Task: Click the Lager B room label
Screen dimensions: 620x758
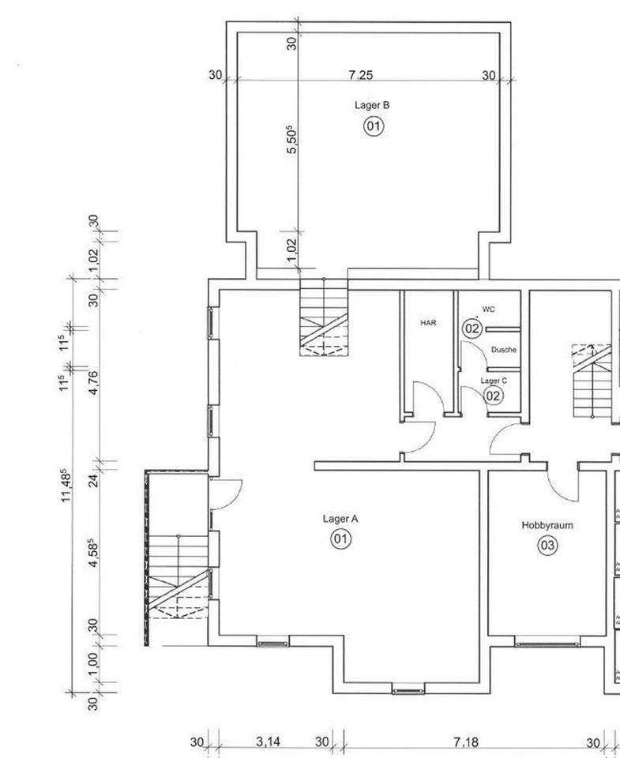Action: pyautogui.click(x=372, y=105)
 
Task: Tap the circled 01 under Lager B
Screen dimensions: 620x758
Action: pyautogui.click(x=374, y=126)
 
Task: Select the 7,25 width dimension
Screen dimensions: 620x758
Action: pyautogui.click(x=361, y=75)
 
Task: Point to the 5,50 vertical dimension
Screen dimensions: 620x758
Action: pyautogui.click(x=291, y=140)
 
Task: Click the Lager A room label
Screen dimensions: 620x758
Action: pyautogui.click(x=340, y=520)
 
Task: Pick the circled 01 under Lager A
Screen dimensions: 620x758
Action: pyautogui.click(x=341, y=538)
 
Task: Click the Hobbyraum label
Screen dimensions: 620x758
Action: pyautogui.click(x=547, y=526)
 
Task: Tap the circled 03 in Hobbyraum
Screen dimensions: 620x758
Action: pyautogui.click(x=547, y=546)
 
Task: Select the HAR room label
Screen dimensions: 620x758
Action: pyautogui.click(x=428, y=322)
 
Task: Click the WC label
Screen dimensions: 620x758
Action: pyautogui.click(x=488, y=310)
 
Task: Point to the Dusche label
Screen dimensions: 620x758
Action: pyautogui.click(x=504, y=350)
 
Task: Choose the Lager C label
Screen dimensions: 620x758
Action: pyautogui.click(x=494, y=381)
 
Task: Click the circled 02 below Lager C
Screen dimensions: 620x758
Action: pyautogui.click(x=494, y=396)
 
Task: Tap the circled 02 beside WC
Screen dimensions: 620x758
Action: pyautogui.click(x=472, y=328)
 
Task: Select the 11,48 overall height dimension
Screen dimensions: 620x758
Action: pyautogui.click(x=66, y=485)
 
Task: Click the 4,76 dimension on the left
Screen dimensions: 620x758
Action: pyautogui.click(x=94, y=382)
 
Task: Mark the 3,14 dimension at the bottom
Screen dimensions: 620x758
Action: pyautogui.click(x=268, y=741)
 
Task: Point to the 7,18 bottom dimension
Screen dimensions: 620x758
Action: pyautogui.click(x=466, y=741)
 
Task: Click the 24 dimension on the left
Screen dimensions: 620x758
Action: pyautogui.click(x=94, y=480)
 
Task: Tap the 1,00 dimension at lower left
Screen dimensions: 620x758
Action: pyautogui.click(x=94, y=665)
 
